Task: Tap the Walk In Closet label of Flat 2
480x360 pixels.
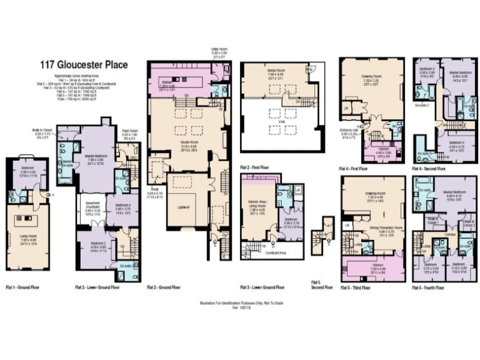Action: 44,130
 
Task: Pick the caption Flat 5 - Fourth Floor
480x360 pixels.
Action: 428,288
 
